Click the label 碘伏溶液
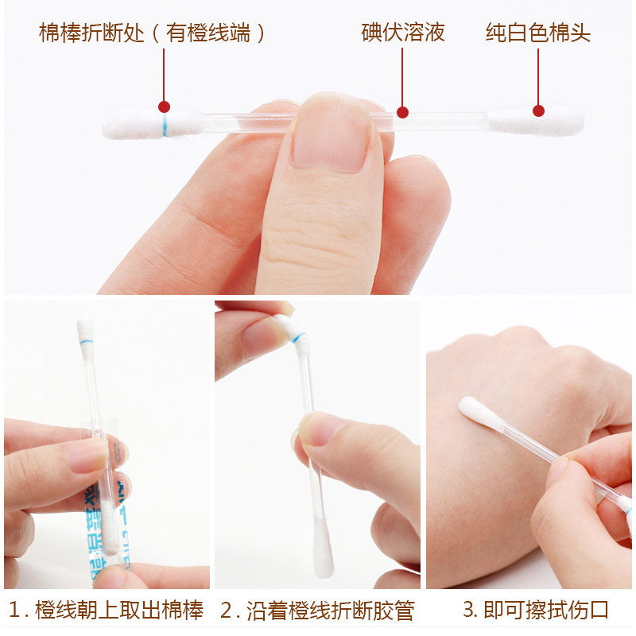click(x=403, y=33)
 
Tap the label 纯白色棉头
click(x=538, y=33)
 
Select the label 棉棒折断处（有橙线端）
click(x=152, y=33)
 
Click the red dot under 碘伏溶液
click(x=402, y=112)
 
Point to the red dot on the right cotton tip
click(x=538, y=111)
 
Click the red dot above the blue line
click(x=164, y=107)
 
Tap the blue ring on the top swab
click(x=165, y=125)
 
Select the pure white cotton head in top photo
click(x=535, y=121)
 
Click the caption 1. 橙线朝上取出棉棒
click(x=106, y=610)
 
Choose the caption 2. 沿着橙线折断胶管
click(x=317, y=610)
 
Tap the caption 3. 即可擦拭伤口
click(x=536, y=610)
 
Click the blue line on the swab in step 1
click(x=86, y=342)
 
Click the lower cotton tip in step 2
click(x=323, y=548)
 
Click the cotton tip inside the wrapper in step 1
click(x=109, y=527)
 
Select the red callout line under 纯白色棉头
click(x=538, y=76)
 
